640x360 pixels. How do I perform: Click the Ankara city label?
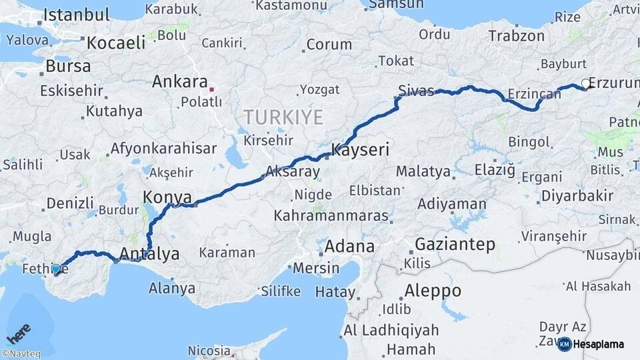point(179,82)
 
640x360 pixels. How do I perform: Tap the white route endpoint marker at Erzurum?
point(585,84)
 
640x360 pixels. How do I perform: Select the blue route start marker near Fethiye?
point(56,269)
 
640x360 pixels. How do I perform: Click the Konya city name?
point(167,197)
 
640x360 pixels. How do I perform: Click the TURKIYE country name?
point(283,117)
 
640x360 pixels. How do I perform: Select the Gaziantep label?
point(455,245)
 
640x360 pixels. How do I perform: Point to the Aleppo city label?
point(433,291)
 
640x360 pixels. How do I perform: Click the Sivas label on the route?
point(416,90)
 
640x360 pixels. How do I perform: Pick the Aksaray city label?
point(292,171)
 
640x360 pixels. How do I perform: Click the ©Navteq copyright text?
point(21,354)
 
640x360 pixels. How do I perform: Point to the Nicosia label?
point(209,350)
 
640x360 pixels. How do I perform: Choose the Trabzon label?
point(516,35)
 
